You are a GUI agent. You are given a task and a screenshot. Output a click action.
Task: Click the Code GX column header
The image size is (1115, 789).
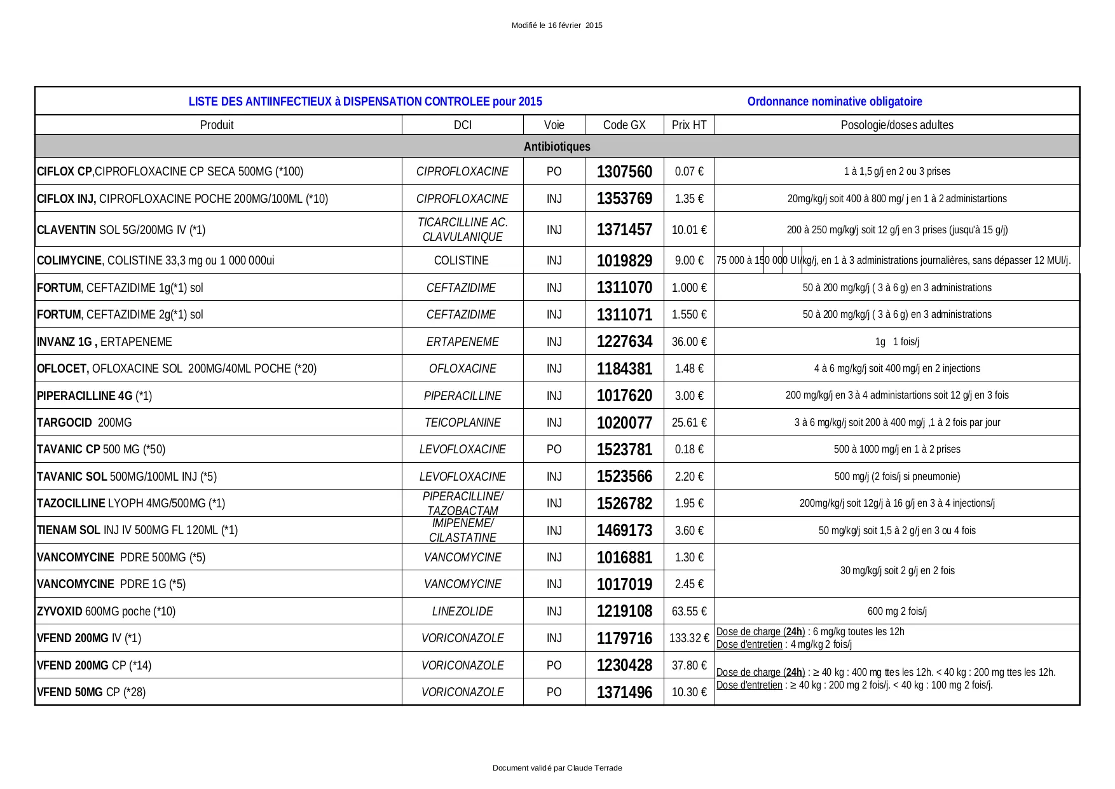[x=624, y=125]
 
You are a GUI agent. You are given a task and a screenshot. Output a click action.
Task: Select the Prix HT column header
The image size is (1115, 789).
[x=689, y=125]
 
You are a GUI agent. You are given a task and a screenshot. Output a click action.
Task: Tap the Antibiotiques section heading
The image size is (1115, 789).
[x=557, y=147]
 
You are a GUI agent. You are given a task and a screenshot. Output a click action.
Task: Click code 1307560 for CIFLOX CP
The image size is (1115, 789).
[x=624, y=172]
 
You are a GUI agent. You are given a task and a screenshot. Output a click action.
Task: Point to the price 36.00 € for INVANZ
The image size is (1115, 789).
[x=689, y=342]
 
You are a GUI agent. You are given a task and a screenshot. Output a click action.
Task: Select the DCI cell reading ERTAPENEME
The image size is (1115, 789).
[x=462, y=342]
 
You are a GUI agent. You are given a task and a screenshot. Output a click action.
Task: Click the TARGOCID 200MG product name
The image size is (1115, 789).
[x=85, y=423]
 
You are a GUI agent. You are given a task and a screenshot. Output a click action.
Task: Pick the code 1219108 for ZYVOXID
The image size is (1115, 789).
[x=624, y=612]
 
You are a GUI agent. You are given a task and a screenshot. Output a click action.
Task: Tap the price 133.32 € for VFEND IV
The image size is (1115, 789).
[x=689, y=638]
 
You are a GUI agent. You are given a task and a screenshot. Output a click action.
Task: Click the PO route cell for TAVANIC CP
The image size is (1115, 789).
[x=554, y=449]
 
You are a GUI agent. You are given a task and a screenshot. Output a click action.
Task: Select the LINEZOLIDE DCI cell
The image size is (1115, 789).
[x=462, y=612]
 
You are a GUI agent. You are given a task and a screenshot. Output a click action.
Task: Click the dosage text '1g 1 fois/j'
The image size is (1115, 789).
[x=896, y=342]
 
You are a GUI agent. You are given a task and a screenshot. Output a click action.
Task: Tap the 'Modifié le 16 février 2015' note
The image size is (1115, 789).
[x=557, y=25]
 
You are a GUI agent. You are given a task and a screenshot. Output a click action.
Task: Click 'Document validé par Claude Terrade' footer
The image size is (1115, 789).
[x=557, y=768]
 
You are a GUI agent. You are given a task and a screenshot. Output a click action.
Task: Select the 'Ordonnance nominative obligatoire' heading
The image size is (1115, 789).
[x=834, y=102]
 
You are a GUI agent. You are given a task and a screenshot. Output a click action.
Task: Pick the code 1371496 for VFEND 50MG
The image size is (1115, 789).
[x=624, y=692]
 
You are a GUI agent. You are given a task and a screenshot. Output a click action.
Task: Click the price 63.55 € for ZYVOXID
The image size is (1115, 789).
[x=689, y=612]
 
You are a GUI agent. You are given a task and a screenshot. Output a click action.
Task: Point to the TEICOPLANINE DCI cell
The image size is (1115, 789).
[x=462, y=423]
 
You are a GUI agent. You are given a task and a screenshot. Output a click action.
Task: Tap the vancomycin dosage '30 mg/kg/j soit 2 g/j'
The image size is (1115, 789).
[x=896, y=571]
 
